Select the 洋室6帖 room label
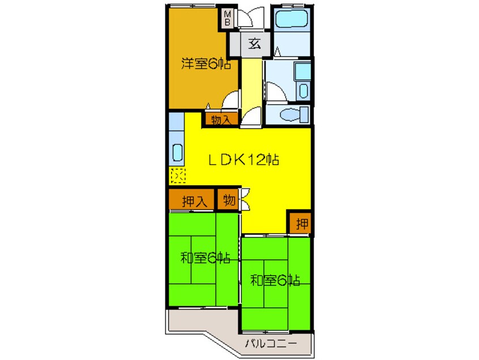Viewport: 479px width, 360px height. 206,64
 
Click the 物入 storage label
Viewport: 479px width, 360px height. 221,119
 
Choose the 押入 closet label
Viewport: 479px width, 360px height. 191,200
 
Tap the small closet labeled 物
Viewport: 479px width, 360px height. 229,200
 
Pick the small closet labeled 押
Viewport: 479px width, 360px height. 302,224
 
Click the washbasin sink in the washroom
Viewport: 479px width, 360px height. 303,91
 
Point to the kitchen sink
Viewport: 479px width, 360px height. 176,153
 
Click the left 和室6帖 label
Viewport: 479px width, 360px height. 205,259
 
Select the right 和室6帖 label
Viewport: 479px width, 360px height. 275,280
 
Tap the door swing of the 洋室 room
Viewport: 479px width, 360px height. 232,101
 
